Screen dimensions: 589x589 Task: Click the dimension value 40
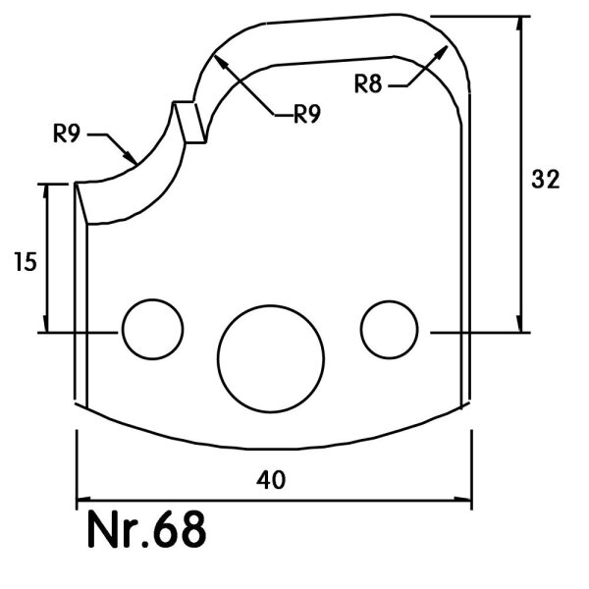pos(271,480)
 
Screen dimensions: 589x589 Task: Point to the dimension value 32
pos(546,180)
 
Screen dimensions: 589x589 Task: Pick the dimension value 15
pos(26,262)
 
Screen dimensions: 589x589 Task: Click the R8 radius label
pos(368,83)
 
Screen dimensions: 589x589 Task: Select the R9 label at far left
pos(67,133)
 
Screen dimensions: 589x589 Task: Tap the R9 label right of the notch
pos(307,114)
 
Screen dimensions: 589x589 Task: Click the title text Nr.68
pos(147,530)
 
